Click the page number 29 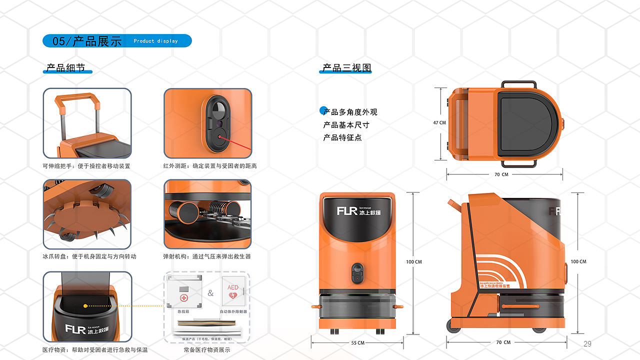click(587, 343)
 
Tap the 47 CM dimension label click(439, 122)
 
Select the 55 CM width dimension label click(357, 343)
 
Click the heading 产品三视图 click(346, 68)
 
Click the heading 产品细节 click(66, 68)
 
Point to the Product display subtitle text click(155, 41)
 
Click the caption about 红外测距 click(210, 166)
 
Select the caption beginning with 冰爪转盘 click(89, 256)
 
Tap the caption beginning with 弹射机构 click(207, 256)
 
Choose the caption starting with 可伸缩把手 click(86, 166)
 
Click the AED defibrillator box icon click(233, 292)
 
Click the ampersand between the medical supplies click(210, 293)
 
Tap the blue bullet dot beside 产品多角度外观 click(323, 110)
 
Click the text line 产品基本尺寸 click(346, 125)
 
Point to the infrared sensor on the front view click(357, 274)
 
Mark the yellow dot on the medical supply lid click(85, 305)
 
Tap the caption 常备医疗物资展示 click(206, 350)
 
